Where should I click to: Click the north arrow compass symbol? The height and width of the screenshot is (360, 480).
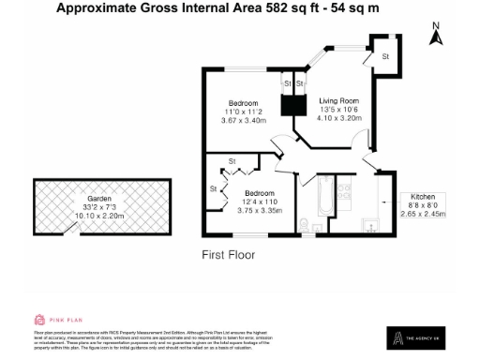pyautogui.click(x=435, y=35)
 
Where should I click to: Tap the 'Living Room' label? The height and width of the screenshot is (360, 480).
pyautogui.click(x=338, y=100)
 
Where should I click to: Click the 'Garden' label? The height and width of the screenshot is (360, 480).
pyautogui.click(x=100, y=200)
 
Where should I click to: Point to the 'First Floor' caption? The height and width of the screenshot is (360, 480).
pyautogui.click(x=229, y=254)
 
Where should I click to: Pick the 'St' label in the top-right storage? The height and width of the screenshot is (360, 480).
pyautogui.click(x=385, y=57)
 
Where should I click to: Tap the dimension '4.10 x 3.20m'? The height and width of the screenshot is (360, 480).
pyautogui.click(x=338, y=119)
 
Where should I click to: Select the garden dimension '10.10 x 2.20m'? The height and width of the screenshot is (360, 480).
pyautogui.click(x=100, y=217)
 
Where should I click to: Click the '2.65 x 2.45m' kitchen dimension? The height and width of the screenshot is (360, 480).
pyautogui.click(x=424, y=214)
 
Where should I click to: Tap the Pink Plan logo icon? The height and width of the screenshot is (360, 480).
pyautogui.click(x=39, y=320)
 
